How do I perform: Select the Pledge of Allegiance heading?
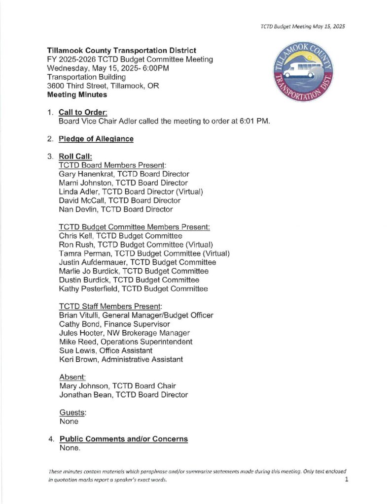96,139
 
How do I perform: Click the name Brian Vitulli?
79,315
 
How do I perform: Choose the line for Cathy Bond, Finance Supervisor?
114,324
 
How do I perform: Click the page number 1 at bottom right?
347,480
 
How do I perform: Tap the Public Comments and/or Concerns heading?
123,439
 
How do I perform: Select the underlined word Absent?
70,377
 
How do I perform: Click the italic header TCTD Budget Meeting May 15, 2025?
302,27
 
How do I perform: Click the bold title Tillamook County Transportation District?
121,50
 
